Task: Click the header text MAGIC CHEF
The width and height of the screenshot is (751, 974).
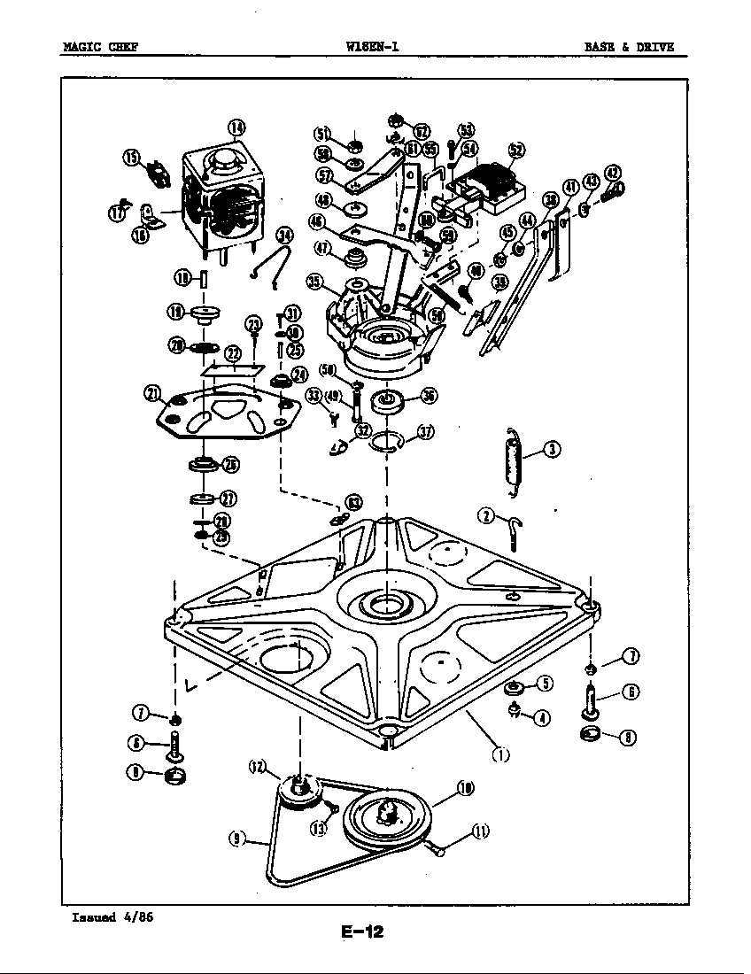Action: click(x=99, y=47)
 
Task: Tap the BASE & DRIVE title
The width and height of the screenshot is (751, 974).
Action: click(x=635, y=47)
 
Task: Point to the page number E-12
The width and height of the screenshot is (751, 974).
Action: click(x=361, y=931)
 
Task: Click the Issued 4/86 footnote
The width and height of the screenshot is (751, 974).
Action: click(x=112, y=916)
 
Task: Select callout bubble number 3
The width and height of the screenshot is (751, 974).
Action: click(x=551, y=449)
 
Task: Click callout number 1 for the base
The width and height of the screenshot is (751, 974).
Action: click(x=501, y=754)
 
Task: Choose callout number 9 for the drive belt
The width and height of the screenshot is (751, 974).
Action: click(x=236, y=839)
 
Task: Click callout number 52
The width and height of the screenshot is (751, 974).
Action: click(x=515, y=150)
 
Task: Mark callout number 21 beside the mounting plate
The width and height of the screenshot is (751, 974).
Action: click(x=151, y=393)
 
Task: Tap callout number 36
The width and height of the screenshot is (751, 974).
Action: click(x=429, y=396)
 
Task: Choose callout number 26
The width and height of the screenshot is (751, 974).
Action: click(x=229, y=464)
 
